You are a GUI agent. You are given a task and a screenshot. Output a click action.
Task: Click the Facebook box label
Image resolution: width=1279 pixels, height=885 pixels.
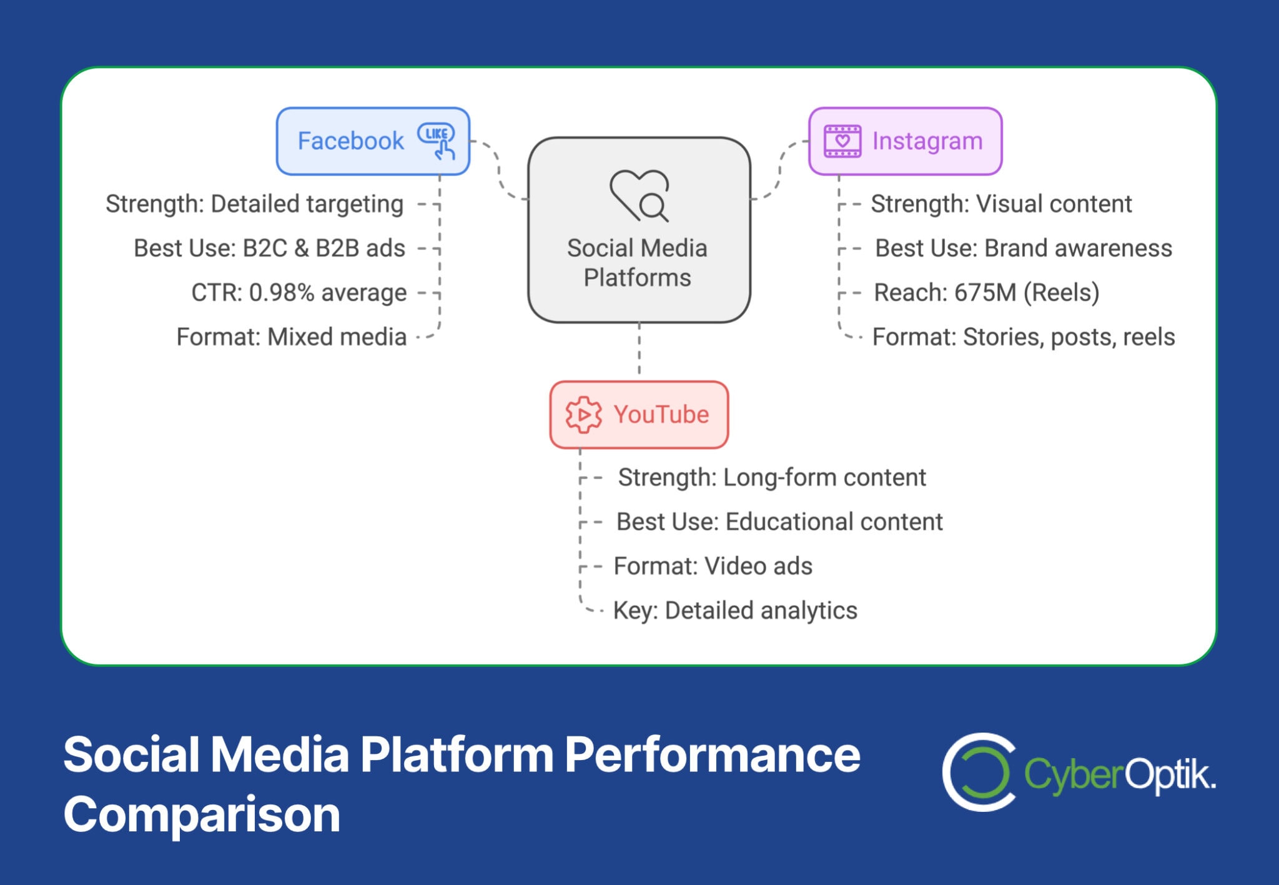(350, 141)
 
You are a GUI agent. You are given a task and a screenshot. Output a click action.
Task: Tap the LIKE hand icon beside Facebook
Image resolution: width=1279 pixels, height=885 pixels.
(437, 141)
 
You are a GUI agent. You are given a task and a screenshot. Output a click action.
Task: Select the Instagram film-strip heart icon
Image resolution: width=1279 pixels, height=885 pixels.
(842, 141)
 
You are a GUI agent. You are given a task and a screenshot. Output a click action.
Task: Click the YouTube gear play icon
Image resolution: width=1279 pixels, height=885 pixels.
(583, 415)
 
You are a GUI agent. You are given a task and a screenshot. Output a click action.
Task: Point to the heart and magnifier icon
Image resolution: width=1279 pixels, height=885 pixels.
(639, 195)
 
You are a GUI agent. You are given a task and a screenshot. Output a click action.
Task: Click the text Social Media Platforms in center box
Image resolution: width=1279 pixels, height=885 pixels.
(638, 263)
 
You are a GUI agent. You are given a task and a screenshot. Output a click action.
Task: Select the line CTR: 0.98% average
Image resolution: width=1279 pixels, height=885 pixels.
(299, 292)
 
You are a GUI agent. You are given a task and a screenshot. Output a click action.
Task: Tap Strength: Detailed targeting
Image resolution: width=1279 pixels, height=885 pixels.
(255, 204)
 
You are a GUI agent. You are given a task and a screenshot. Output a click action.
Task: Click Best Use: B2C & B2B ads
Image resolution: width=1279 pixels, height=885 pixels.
(270, 248)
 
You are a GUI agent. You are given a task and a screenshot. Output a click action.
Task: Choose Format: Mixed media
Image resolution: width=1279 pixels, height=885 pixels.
(292, 337)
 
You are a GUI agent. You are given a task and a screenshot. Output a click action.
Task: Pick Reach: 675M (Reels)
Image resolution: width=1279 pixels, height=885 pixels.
(987, 292)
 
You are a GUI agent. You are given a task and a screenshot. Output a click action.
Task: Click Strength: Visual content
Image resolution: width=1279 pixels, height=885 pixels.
(1002, 204)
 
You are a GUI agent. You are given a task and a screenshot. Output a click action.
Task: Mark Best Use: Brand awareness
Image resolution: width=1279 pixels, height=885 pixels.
(1024, 248)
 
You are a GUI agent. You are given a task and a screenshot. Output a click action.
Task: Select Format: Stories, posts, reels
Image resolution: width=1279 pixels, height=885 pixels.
(1024, 337)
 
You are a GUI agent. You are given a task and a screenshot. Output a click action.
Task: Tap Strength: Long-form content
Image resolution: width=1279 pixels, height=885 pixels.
(772, 478)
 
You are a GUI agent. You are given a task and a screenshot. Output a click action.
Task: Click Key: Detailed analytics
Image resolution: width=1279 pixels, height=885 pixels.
(735, 611)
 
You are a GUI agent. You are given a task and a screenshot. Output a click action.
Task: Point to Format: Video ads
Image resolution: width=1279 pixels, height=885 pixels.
(713, 566)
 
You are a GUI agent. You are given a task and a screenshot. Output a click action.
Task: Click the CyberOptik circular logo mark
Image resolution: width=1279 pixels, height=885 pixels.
(979, 772)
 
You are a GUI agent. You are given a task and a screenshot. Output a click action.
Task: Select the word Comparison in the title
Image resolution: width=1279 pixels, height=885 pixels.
(202, 815)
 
